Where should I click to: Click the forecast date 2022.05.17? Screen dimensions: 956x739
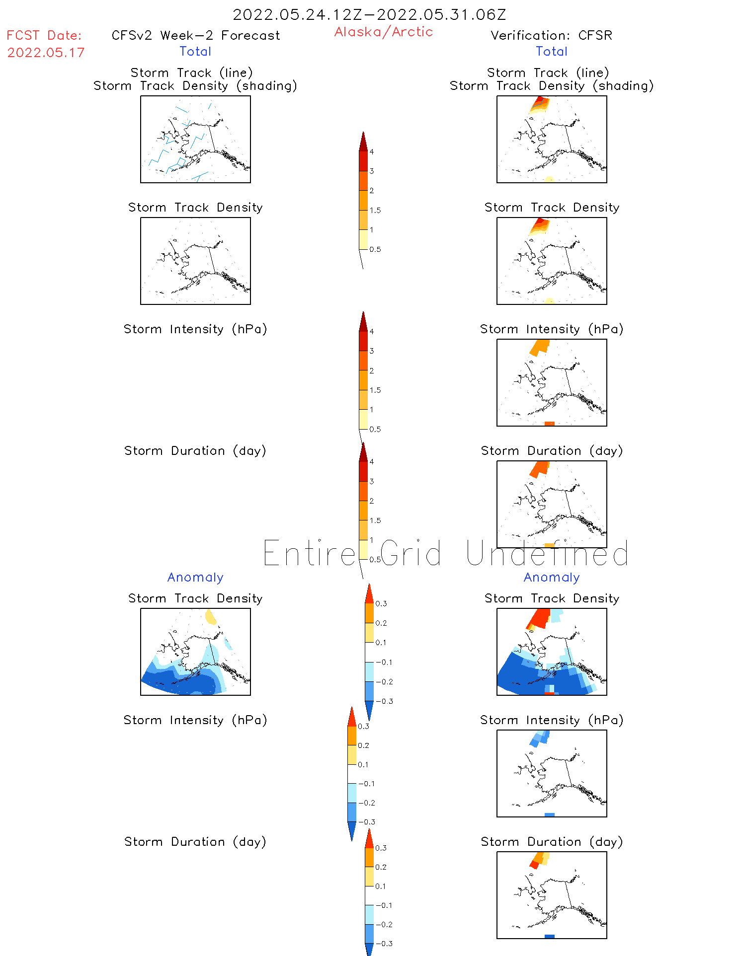46,53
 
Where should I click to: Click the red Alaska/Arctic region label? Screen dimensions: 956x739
383,32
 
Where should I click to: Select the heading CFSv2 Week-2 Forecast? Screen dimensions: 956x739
195,35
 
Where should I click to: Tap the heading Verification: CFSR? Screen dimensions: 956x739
551,35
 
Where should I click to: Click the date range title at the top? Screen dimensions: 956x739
369,14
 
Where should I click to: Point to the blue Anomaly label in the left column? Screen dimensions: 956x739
195,577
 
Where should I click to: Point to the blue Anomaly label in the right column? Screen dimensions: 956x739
552,577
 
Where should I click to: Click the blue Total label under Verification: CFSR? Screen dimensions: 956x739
552,51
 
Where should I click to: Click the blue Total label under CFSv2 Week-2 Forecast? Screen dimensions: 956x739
195,51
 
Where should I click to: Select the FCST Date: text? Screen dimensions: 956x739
44,35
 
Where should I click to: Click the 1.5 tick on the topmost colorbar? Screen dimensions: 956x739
375,210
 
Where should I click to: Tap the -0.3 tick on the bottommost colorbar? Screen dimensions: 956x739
383,944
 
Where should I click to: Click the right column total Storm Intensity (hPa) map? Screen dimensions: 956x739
552,382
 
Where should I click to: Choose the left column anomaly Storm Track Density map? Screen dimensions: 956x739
195,652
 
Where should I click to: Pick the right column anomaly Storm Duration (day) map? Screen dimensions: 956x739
552,895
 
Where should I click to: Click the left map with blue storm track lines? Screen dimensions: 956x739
195,139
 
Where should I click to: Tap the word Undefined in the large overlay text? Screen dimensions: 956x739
547,553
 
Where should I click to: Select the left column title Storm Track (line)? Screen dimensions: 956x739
191,73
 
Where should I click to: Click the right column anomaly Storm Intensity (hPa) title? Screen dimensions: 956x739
552,720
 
